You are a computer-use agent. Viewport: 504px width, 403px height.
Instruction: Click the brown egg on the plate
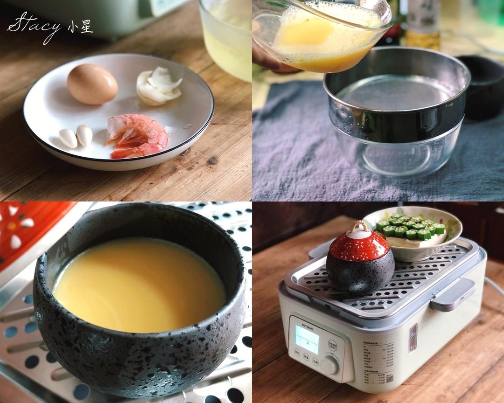[x=92, y=84]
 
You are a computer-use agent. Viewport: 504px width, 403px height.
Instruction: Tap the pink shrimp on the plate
[x=137, y=136]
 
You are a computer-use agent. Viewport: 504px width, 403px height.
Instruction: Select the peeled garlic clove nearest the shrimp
[x=84, y=135]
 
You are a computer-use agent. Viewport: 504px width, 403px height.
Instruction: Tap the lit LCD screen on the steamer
[x=307, y=339]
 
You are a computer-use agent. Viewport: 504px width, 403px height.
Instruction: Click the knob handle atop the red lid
[x=359, y=228]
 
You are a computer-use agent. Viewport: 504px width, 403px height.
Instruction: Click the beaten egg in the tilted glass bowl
[x=322, y=42]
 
